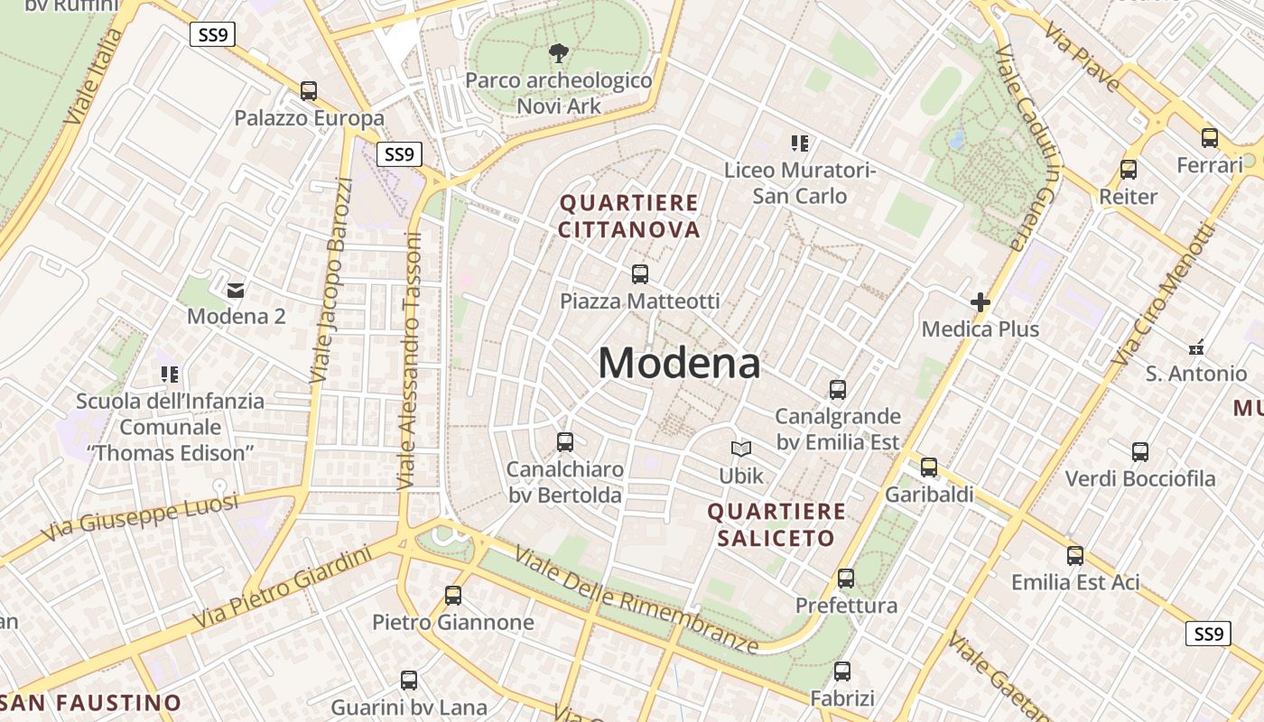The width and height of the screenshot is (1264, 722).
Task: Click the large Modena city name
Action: point(679,364)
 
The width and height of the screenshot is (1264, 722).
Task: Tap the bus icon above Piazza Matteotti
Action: point(640,273)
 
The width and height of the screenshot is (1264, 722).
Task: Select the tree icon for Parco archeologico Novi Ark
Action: point(559,53)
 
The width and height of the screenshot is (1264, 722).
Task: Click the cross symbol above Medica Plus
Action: point(981,302)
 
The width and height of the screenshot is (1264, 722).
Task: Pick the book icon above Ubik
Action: point(741,449)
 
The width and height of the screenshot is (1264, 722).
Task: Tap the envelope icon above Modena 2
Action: point(236,290)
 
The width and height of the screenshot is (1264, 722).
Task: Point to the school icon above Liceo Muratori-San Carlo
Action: point(800,143)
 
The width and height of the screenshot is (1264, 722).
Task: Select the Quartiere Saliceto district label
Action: point(776,525)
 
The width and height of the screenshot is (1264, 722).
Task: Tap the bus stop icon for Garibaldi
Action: point(929,467)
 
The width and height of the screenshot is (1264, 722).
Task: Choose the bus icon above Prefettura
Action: point(846,578)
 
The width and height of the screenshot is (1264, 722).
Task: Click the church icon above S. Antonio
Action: point(1196,347)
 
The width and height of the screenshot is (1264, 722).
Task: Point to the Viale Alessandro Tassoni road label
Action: point(410,361)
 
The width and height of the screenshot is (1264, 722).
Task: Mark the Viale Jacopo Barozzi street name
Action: point(330,280)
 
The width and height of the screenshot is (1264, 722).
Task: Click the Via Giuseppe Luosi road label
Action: point(140,516)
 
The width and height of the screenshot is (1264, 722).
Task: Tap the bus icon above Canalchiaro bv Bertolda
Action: point(565,442)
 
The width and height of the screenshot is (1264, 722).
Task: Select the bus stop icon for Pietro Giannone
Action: point(453,596)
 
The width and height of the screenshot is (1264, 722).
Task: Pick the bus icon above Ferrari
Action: point(1210,138)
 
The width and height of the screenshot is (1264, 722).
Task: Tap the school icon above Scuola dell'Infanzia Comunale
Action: point(170,374)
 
